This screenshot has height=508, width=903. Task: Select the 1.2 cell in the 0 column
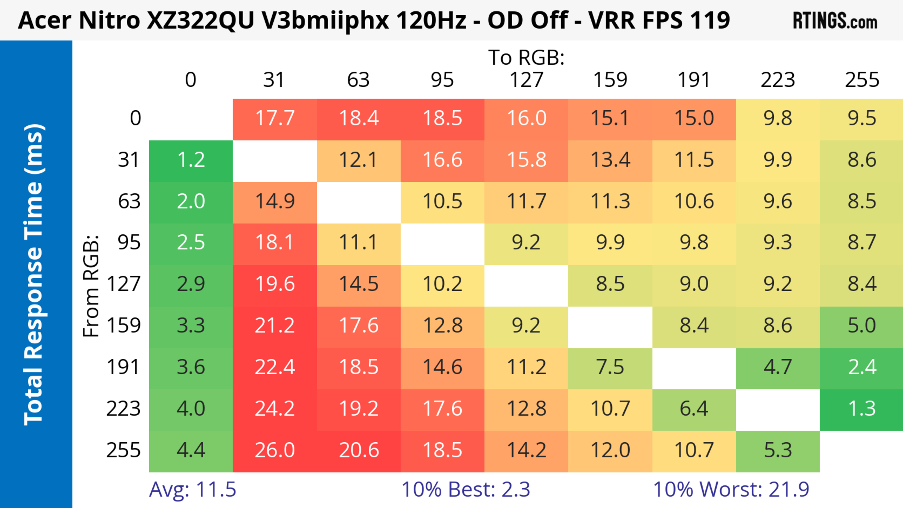point(191,160)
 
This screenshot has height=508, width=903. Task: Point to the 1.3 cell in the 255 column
point(862,409)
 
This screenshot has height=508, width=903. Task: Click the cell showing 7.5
point(610,367)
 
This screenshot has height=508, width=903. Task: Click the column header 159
point(610,80)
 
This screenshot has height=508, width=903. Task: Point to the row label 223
point(123,409)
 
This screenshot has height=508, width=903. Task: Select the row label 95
point(129,242)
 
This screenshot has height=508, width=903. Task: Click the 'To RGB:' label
point(526,57)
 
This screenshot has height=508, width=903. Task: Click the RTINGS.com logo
point(835,21)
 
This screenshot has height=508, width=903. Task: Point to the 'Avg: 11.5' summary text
point(192,489)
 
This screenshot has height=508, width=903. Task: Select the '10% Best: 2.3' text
point(466,489)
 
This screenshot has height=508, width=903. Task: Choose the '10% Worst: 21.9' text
point(731,489)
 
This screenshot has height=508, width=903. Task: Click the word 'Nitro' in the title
point(109,20)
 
